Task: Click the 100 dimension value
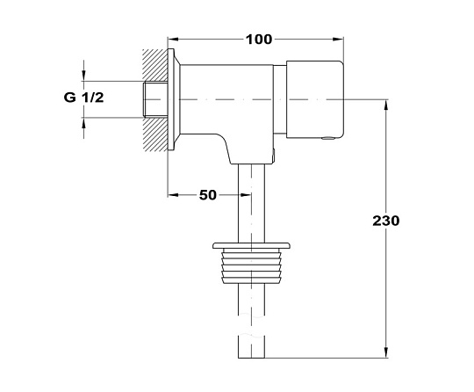259,40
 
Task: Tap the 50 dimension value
208,195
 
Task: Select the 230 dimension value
385,221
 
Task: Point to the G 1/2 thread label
83,98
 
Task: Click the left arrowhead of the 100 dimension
173,40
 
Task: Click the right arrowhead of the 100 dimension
339,40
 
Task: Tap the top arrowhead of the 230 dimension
386,105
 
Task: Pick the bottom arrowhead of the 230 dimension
386,352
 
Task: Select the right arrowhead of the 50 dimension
246,195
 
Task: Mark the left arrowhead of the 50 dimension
173,195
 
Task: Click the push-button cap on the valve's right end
315,99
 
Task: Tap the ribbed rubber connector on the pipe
252,266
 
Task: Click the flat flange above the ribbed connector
252,245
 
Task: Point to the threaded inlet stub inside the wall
154,99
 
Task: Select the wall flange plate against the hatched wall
171,99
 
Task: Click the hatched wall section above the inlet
155,65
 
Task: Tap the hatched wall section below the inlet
155,134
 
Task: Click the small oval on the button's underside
328,138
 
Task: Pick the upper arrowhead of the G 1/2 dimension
83,76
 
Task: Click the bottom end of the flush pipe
252,358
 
